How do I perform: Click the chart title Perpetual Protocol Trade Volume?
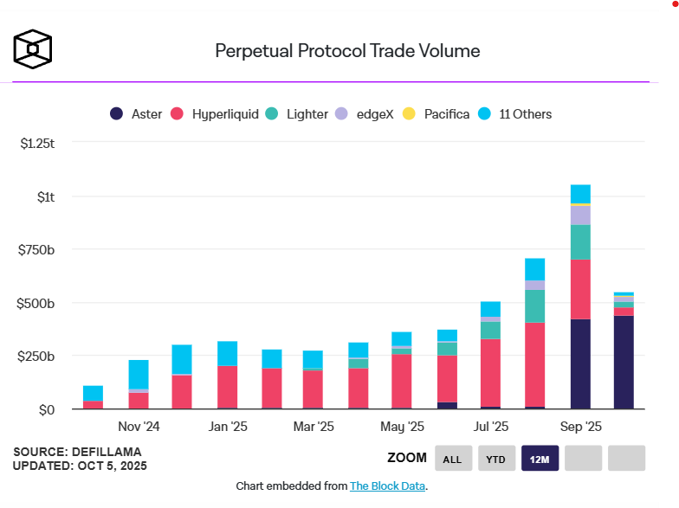[347, 51]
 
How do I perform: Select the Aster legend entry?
[136, 113]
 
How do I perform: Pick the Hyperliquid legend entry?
[216, 113]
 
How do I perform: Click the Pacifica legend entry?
[436, 113]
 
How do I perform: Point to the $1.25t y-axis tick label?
[37, 143]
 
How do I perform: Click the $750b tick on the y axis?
[37, 250]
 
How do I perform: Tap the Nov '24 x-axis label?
[139, 427]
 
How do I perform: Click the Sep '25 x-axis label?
[581, 427]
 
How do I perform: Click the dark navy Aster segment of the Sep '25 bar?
[580, 363]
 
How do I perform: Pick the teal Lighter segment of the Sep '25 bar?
[580, 242]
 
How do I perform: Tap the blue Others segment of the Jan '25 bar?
[228, 353]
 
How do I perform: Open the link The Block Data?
[387, 486]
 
